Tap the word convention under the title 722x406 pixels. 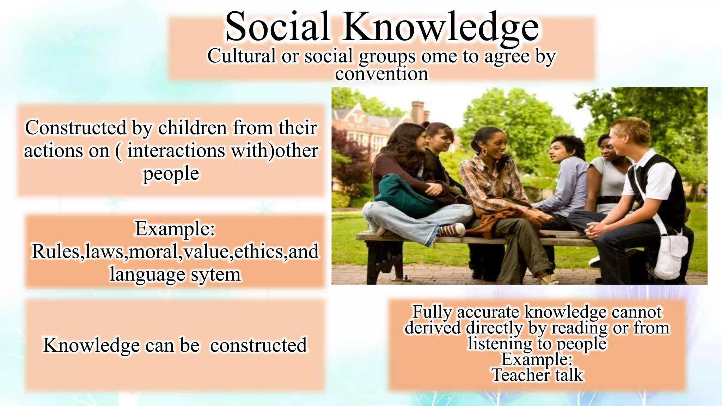[x=381, y=74]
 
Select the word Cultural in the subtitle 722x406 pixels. [x=241, y=56]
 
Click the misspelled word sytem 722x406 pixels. [x=216, y=275]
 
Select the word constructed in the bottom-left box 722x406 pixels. [x=258, y=345]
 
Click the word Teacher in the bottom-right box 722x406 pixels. [x=520, y=375]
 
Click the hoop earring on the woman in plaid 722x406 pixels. [x=485, y=152]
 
